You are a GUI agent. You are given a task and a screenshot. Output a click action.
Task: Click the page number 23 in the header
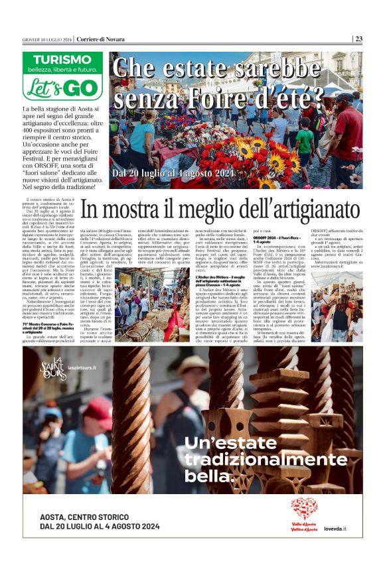(358, 38)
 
